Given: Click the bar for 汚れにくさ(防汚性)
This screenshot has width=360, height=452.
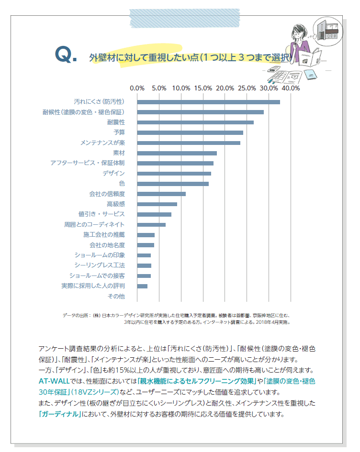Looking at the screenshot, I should [208, 102].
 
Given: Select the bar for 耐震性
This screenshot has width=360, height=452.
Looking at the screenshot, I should [195, 122].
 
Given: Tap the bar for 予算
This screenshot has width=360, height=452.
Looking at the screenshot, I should [190, 132].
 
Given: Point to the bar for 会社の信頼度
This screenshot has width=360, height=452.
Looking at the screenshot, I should [161, 194].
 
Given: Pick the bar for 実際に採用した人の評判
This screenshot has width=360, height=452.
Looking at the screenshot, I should [142, 286].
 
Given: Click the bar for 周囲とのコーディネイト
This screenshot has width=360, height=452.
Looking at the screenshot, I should [151, 224].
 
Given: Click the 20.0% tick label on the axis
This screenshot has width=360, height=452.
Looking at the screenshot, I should [225, 88].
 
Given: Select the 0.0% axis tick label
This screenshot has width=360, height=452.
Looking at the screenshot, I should [137, 88].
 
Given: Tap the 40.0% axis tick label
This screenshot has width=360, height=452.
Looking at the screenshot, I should [291, 88].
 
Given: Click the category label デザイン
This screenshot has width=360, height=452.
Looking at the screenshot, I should [113, 173].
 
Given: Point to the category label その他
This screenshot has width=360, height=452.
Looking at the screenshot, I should [116, 296].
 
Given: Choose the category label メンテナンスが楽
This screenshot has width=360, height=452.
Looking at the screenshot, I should [102, 143].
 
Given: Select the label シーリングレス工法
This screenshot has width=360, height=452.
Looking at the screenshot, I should [100, 265].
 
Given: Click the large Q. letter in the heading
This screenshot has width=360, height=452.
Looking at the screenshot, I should [66, 55].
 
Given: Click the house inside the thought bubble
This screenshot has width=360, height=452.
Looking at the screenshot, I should [330, 31].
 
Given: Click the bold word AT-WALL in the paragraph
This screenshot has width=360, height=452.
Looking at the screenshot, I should [55, 381].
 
